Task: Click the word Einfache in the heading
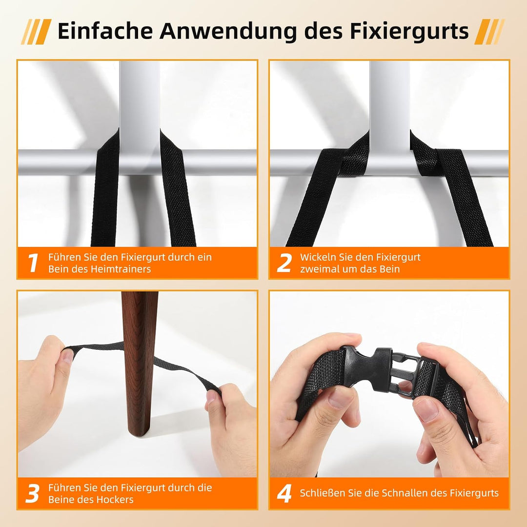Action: (105, 31)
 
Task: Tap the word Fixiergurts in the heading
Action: (409, 32)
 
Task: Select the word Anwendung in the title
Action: (228, 32)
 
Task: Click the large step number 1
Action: (33, 263)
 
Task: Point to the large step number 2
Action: (284, 263)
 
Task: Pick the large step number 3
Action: (32, 493)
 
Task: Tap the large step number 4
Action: (284, 493)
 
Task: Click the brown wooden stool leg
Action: (139, 364)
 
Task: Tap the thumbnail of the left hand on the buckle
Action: (341, 397)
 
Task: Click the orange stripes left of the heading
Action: (36, 32)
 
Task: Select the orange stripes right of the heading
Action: (489, 32)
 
